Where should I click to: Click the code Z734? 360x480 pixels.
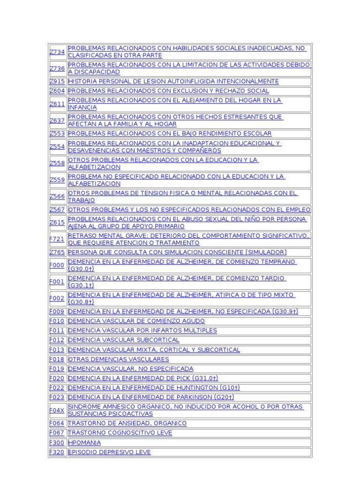pyautogui.click(x=57, y=52)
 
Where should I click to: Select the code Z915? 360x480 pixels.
pyautogui.click(x=57, y=82)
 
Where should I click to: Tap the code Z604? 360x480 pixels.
pyautogui.click(x=57, y=91)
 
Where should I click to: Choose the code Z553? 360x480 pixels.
pyautogui.click(x=57, y=134)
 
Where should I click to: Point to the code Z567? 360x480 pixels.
pyautogui.click(x=57, y=210)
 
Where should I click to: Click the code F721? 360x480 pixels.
pyautogui.click(x=57, y=239)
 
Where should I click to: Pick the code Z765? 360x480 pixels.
pyautogui.click(x=57, y=252)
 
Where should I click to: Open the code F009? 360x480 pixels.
pyautogui.click(x=57, y=312)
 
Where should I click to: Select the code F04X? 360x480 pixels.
pyautogui.click(x=57, y=410)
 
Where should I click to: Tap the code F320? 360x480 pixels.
pyautogui.click(x=57, y=452)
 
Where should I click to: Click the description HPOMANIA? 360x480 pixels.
pyautogui.click(x=84, y=442)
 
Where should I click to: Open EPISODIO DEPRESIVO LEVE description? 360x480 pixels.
pyautogui.click(x=109, y=452)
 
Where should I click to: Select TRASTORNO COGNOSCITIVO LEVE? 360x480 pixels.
pyautogui.click(x=120, y=433)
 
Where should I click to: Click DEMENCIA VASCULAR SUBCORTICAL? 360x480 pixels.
pyautogui.click(x=124, y=340)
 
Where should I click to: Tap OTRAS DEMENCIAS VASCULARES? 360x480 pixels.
pyautogui.click(x=118, y=359)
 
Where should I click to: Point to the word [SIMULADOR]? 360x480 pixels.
pyautogui.click(x=263, y=252)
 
